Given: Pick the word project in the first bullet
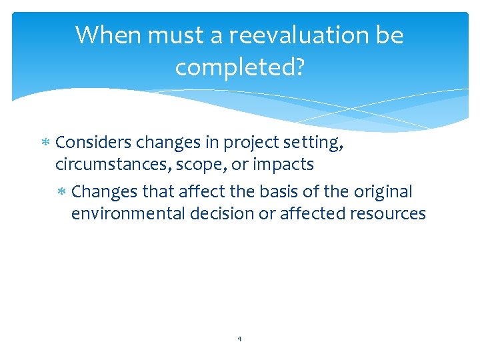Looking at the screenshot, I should coord(249,143).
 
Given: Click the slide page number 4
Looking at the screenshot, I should coord(239,339).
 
